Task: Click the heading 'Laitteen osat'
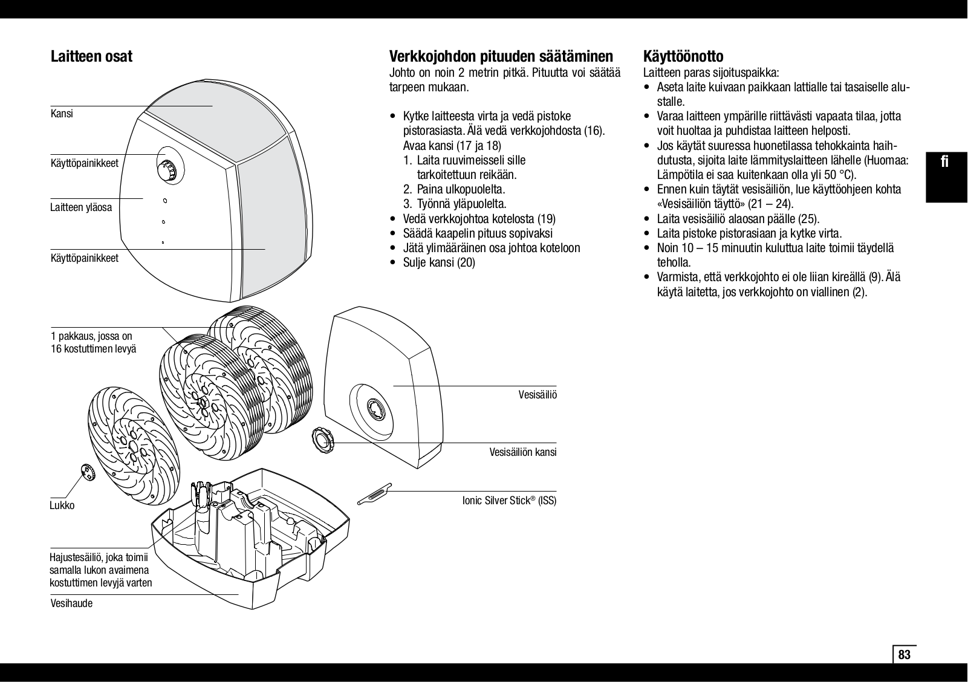pos(91,57)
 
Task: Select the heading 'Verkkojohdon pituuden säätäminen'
pos(501,57)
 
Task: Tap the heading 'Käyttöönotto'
pos(683,57)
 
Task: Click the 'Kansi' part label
pos(62,114)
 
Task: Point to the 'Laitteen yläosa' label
pos(81,208)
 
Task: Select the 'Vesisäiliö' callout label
pos(538,395)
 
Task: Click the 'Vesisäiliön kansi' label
pos(522,452)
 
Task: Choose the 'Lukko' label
pos(62,505)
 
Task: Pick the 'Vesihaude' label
pos(71,603)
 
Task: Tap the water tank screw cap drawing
pos(323,439)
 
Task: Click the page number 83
pos(904,655)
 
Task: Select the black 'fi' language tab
pos(946,162)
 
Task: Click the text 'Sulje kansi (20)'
pos(439,262)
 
